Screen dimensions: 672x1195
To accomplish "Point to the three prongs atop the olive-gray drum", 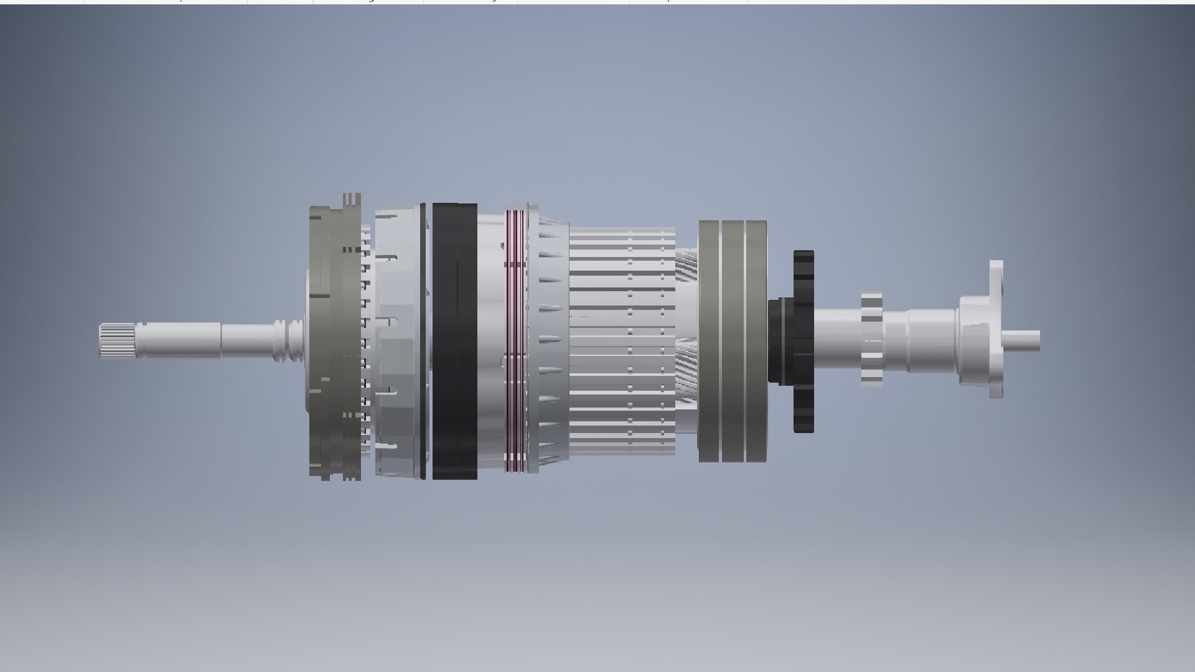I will (x=352, y=200).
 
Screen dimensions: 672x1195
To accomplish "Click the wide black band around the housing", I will (x=454, y=341).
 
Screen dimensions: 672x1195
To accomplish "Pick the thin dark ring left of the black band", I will (x=423, y=341).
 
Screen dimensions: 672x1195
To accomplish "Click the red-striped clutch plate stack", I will (x=515, y=341).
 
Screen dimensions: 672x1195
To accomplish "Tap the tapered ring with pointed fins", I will (x=551, y=341).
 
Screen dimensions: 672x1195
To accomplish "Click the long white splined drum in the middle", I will (x=622, y=341).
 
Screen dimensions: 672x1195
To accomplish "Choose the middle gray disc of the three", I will (x=733, y=341).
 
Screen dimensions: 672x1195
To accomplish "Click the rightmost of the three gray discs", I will (x=756, y=341).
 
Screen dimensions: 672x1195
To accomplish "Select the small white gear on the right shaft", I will (x=871, y=340).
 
